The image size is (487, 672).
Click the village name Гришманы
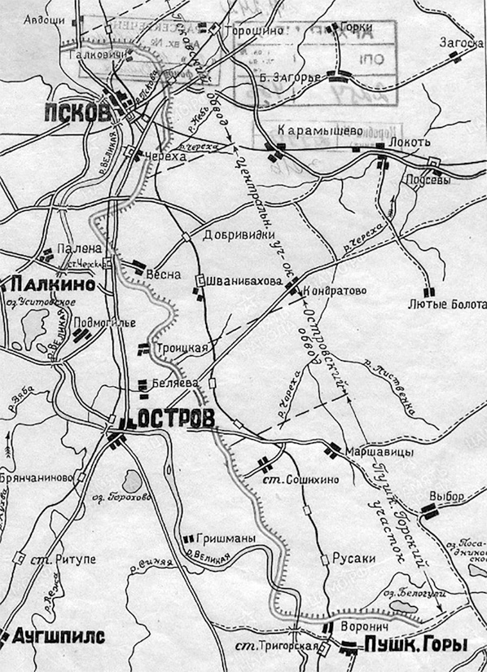coord(226,538)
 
